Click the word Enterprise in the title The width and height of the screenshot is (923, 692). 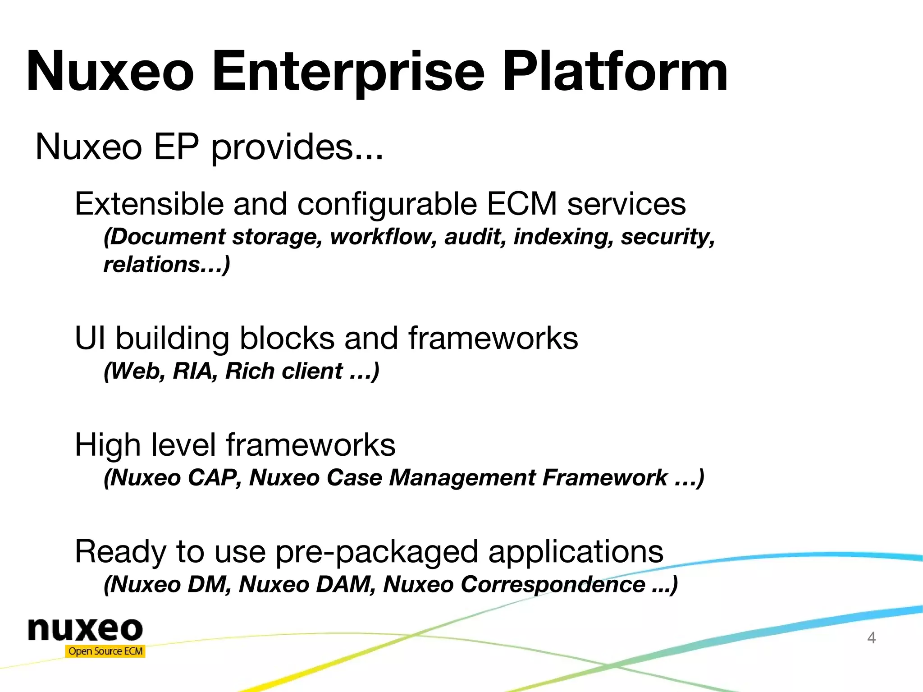pos(348,72)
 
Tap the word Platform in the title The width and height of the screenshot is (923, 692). pos(615,72)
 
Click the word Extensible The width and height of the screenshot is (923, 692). pos(149,204)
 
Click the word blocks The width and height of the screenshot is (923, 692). pos(287,338)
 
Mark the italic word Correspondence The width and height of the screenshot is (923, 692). pos(553,584)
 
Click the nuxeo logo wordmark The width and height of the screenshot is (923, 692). pos(85,629)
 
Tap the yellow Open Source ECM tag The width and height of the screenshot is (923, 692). pos(105,651)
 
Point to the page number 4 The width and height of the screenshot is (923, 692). pos(871,638)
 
